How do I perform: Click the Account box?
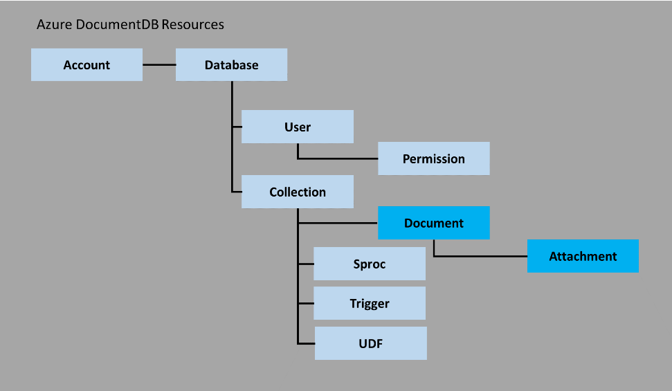click(x=87, y=65)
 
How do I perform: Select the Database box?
click(x=231, y=65)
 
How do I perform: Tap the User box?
click(x=298, y=127)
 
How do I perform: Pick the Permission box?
click(x=433, y=158)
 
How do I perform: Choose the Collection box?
click(x=298, y=192)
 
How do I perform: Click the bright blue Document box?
click(x=433, y=223)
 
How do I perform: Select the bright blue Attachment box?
click(x=583, y=256)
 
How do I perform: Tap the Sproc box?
click(x=369, y=264)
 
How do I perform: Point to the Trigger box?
click(x=369, y=303)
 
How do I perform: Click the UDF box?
click(x=370, y=343)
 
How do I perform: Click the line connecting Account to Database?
click(x=159, y=65)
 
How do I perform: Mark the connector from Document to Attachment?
click(x=480, y=256)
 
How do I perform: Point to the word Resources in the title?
click(x=193, y=25)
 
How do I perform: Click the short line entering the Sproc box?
click(x=305, y=264)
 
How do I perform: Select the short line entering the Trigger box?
click(x=305, y=303)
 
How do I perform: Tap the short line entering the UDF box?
click(x=306, y=343)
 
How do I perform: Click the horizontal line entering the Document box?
click(x=337, y=223)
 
